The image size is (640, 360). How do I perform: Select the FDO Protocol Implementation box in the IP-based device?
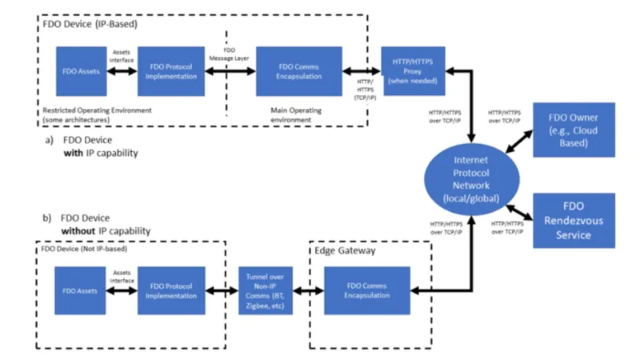click(170, 70)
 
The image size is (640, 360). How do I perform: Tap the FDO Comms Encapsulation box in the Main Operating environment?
click(298, 70)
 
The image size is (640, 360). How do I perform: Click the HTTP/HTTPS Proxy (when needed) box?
click(414, 70)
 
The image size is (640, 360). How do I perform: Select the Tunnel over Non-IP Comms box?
click(266, 290)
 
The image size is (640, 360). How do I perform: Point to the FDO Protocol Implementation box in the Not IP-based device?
click(170, 290)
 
